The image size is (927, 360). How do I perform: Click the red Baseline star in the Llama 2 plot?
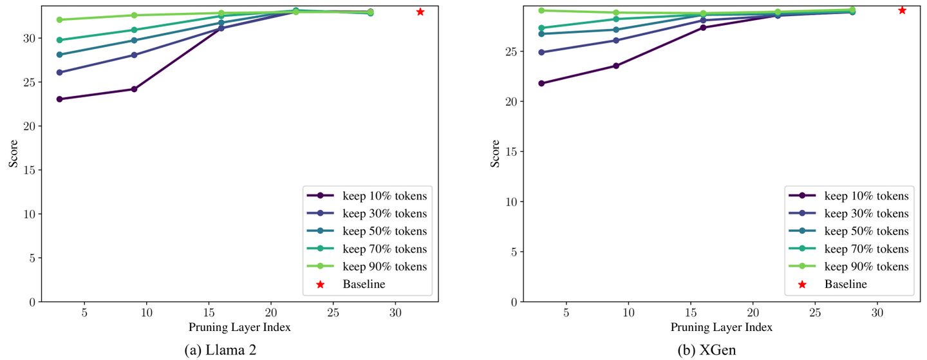420,12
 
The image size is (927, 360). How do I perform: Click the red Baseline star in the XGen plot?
902,10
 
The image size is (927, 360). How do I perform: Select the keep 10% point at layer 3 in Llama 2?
59,99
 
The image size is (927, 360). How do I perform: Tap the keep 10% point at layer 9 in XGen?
616,66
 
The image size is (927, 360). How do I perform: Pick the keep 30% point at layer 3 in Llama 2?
59,72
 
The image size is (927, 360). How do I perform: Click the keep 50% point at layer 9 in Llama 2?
134,41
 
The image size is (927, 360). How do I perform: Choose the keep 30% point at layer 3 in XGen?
541,52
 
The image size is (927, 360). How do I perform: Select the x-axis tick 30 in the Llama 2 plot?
395,312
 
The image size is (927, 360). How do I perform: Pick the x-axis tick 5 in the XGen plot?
566,312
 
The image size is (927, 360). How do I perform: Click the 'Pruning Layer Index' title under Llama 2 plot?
239,327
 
